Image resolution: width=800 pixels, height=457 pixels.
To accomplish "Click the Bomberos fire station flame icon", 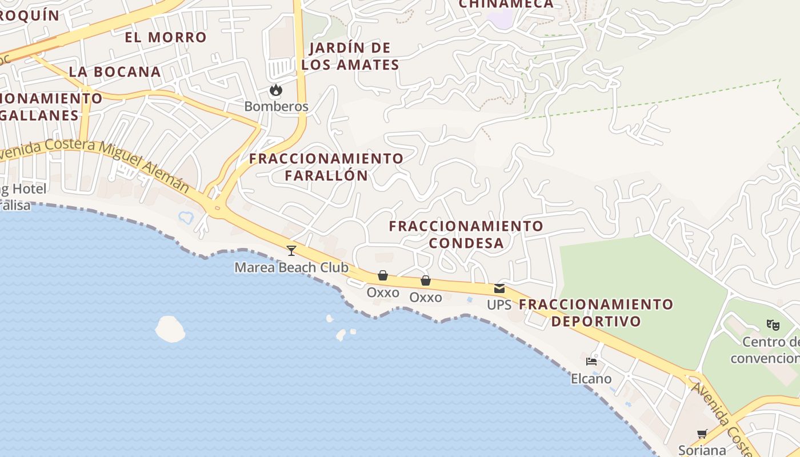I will pyautogui.click(x=276, y=90).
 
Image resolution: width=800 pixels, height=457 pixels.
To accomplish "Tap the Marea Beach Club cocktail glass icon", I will pyautogui.click(x=291, y=250).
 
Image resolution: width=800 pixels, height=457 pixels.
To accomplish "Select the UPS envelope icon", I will pyautogui.click(x=499, y=288).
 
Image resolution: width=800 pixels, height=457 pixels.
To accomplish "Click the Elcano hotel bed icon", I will pyautogui.click(x=591, y=362).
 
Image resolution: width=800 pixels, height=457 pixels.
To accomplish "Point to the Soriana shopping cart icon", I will pyautogui.click(x=702, y=434).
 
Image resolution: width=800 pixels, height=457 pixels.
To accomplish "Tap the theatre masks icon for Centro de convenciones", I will pyautogui.click(x=773, y=325).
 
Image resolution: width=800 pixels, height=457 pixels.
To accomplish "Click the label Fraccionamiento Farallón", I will pyautogui.click(x=326, y=167).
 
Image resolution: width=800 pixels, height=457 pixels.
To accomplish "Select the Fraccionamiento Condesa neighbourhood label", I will pyautogui.click(x=466, y=235).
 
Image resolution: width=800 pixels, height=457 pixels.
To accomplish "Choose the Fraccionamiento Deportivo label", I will pyautogui.click(x=596, y=312).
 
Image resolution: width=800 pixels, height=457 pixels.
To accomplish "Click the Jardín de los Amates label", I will pyautogui.click(x=350, y=56).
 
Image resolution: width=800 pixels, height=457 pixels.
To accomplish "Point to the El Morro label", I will pyautogui.click(x=166, y=38).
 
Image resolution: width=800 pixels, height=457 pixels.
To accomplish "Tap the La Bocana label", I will pyautogui.click(x=115, y=72).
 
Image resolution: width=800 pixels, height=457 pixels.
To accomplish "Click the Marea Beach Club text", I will pyautogui.click(x=291, y=267).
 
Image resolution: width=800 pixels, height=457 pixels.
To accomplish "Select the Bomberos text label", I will pyautogui.click(x=276, y=107).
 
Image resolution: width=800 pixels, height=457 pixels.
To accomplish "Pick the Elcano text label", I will pyautogui.click(x=591, y=379).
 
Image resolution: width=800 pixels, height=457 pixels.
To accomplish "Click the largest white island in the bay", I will pyautogui.click(x=170, y=329).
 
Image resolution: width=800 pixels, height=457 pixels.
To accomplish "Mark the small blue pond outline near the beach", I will pyautogui.click(x=186, y=217).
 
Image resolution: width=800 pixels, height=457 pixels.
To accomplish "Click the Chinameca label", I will pyautogui.click(x=506, y=4).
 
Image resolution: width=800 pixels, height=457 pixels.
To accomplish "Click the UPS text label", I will pyautogui.click(x=499, y=305).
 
